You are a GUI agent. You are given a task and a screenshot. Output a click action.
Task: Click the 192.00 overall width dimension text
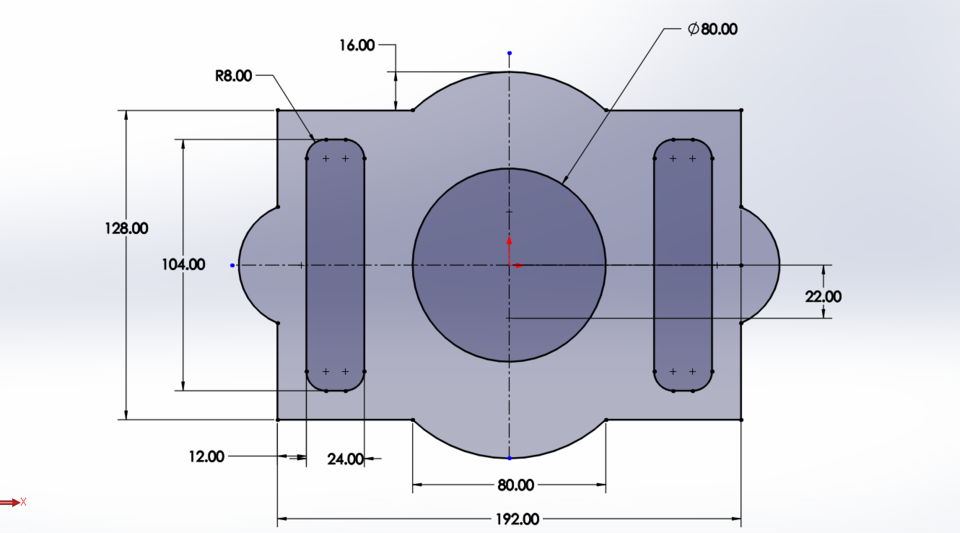(517, 519)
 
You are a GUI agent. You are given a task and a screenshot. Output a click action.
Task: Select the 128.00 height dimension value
(126, 228)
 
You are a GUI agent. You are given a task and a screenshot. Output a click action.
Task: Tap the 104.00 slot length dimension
(183, 265)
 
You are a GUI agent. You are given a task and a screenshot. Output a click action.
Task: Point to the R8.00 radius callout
(233, 75)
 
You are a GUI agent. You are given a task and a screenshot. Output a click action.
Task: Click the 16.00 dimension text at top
(358, 45)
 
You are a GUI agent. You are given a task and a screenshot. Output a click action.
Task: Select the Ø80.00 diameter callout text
(713, 29)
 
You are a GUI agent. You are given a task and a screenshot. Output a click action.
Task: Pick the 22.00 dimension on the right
(823, 296)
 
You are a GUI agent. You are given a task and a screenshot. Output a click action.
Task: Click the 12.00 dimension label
(206, 456)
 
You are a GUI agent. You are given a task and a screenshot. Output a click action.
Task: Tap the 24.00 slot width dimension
(345, 459)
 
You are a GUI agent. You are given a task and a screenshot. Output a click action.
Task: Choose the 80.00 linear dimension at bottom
(516, 485)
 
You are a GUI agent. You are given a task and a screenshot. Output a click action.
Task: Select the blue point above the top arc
(509, 53)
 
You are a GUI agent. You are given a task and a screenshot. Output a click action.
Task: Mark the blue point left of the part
(233, 265)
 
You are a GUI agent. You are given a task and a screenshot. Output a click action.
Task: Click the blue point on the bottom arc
(509, 458)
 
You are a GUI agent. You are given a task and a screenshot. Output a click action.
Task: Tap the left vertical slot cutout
(335, 265)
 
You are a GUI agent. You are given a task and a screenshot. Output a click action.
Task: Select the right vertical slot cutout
(683, 265)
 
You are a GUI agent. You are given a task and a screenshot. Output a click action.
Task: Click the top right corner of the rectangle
(741, 110)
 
